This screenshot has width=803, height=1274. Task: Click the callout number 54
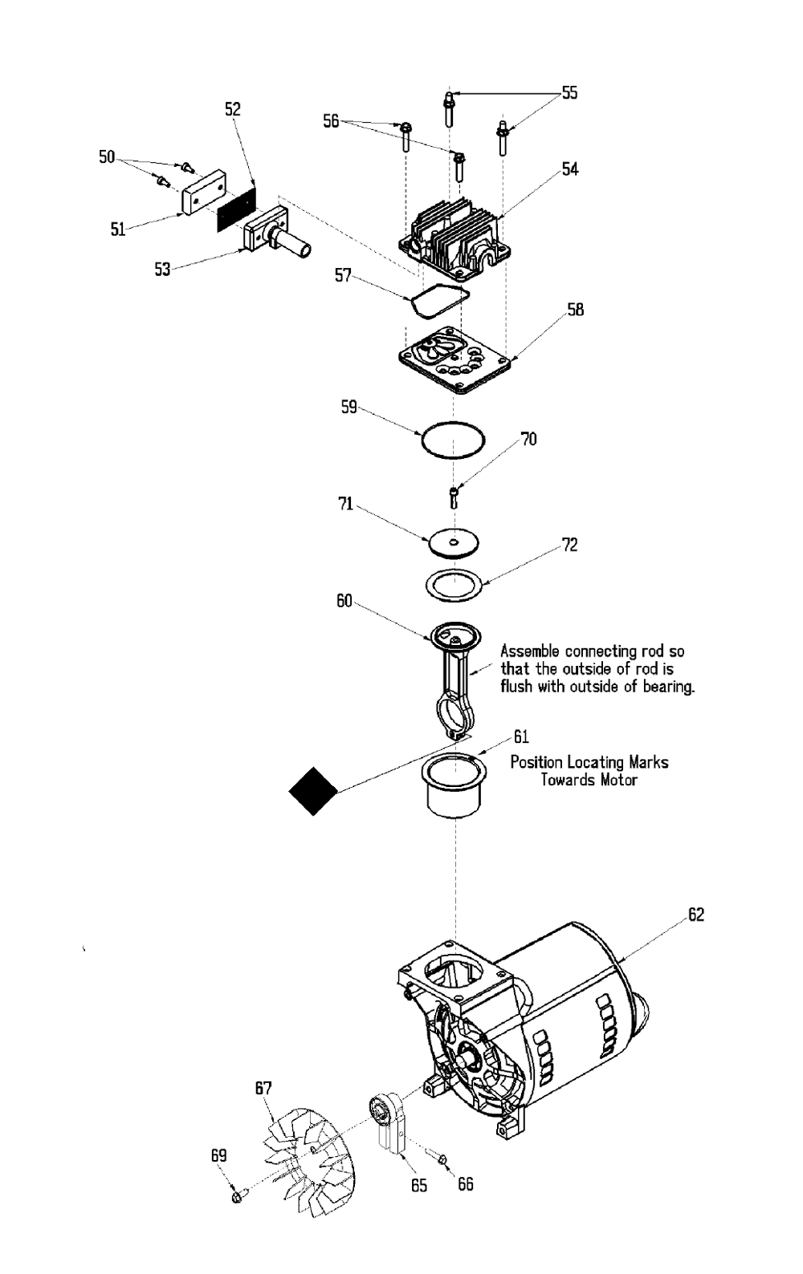(569, 169)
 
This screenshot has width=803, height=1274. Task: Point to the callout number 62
(696, 914)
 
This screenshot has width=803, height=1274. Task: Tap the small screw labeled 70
(454, 497)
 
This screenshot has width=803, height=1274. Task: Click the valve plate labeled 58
(454, 360)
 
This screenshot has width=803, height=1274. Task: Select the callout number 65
(419, 1185)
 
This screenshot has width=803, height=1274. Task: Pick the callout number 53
(162, 269)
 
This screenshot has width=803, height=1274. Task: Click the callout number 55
(569, 93)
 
